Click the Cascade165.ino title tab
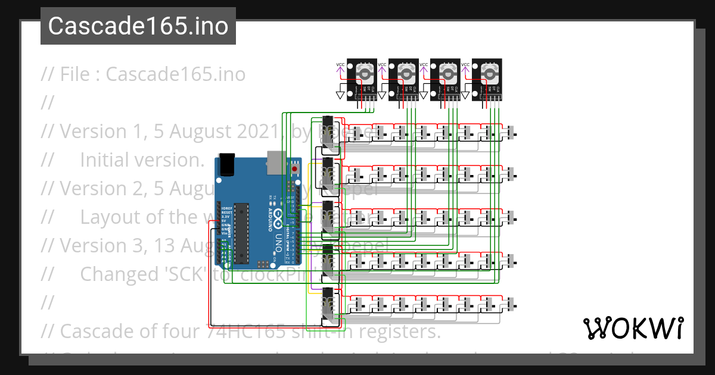(x=138, y=26)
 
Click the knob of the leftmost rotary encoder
(x=364, y=73)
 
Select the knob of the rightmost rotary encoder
(x=489, y=73)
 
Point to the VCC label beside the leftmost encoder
(x=340, y=64)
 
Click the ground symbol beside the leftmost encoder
(x=341, y=95)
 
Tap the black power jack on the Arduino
(x=226, y=164)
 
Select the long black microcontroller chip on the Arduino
(x=241, y=232)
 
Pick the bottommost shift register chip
(x=328, y=305)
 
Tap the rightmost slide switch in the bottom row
(x=511, y=305)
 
